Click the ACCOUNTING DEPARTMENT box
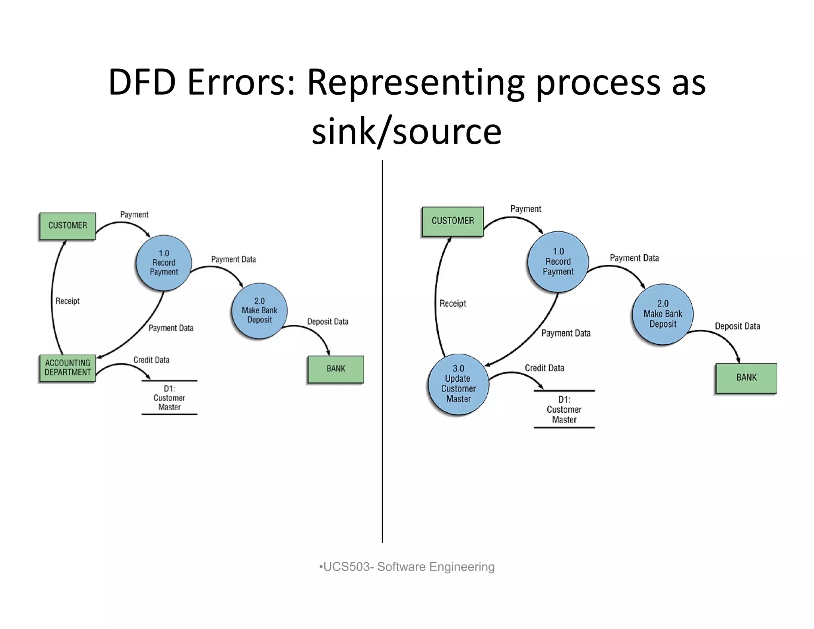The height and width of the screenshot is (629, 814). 68,368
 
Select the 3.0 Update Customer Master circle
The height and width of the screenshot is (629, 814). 458,384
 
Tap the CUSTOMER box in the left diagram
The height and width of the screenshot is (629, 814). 68,225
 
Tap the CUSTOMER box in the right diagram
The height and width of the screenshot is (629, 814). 453,221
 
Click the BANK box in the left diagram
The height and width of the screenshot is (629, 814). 336,369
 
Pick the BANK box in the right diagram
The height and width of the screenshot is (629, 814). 746,378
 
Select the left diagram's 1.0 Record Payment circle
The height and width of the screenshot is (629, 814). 164,263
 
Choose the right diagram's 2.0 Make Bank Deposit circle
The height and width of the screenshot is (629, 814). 663,314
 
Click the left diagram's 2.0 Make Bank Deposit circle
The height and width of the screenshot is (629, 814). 259,311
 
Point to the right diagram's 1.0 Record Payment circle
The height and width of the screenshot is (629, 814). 558,262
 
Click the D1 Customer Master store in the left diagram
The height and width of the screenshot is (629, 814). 169,398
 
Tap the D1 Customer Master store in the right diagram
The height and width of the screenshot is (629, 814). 564,410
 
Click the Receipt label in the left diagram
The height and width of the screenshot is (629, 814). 68,301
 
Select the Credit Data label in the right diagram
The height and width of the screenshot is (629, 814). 544,368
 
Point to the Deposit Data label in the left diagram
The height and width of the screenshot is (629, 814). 328,322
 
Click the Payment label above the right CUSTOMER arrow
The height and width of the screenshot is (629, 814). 525,209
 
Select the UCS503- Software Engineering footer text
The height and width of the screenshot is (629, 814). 407,567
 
